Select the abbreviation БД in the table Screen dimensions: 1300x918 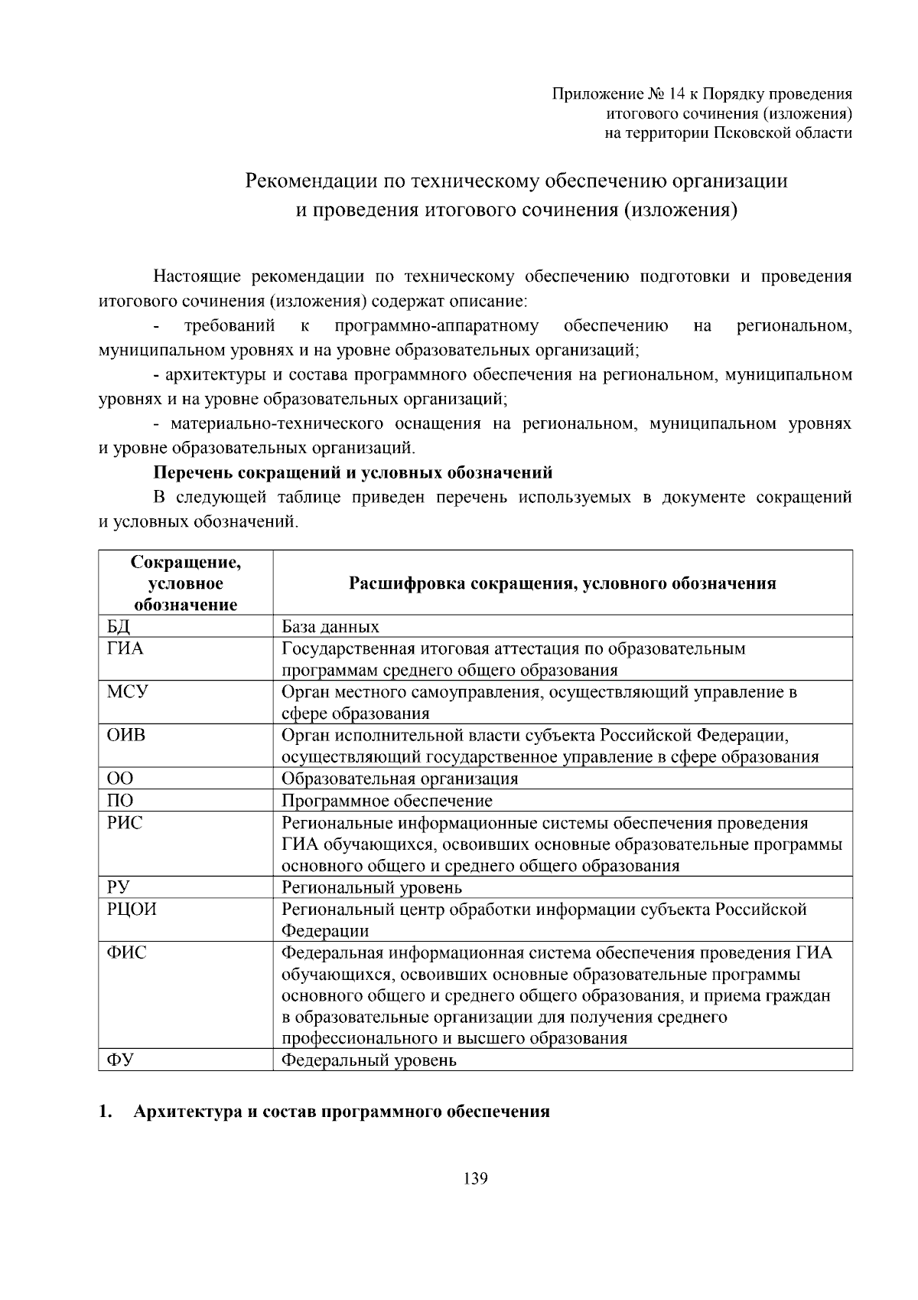point(119,627)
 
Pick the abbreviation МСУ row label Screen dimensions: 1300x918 point(128,692)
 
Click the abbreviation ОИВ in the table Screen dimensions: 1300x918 point(126,736)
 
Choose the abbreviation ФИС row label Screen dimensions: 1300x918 point(127,953)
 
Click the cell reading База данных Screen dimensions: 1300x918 point(330,627)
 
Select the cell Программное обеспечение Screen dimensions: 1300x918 point(387,801)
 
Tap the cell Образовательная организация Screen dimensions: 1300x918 point(400,779)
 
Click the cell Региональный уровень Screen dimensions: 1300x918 point(372,888)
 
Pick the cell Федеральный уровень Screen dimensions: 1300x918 point(369,1061)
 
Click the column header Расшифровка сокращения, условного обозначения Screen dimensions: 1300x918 point(562,583)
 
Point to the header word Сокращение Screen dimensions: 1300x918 point(186,563)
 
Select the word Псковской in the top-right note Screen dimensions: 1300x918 point(755,132)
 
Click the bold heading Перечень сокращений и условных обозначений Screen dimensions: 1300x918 point(353,472)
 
